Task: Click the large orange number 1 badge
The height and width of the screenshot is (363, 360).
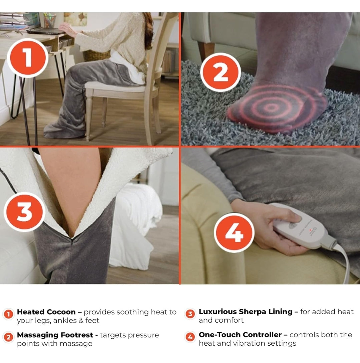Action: (28, 58)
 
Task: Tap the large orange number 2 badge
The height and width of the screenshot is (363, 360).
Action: (221, 72)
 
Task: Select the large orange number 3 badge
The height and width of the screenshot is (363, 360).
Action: (24, 212)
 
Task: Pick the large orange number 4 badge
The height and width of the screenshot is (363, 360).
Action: (234, 233)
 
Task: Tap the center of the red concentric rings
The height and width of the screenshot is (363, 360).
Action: (271, 107)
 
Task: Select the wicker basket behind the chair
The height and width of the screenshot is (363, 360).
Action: (96, 55)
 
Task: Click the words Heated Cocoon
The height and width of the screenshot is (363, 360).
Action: (46, 312)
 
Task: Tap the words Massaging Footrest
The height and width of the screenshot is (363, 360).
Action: (55, 335)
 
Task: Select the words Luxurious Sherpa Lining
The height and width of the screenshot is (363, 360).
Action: (246, 312)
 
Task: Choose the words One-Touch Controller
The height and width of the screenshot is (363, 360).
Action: (240, 335)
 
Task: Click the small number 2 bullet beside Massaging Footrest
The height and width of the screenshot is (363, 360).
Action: (9, 337)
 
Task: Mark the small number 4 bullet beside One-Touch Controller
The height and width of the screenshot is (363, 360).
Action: (190, 337)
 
